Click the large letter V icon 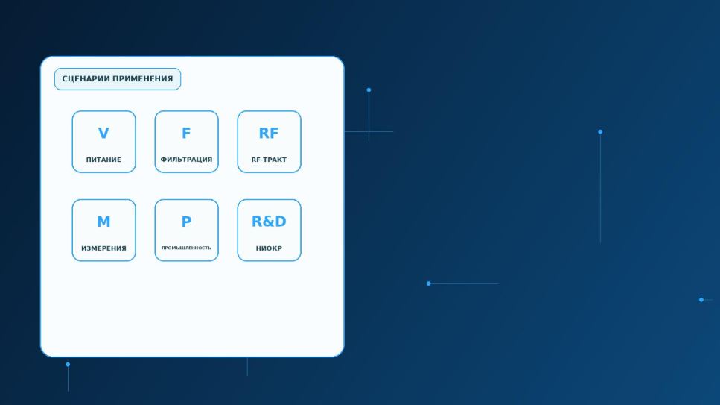point(103,133)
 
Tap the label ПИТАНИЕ point(103,160)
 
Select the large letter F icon point(186,133)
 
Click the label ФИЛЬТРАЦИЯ point(186,160)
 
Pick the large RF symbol point(269,133)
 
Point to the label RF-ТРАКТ point(269,160)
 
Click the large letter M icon point(103,222)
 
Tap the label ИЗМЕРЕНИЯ point(103,248)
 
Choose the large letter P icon point(186,222)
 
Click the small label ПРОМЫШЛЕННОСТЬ point(186,248)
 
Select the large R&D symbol point(269,222)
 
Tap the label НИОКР point(269,248)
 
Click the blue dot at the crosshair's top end point(369,90)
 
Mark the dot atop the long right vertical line point(600,131)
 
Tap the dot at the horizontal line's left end point(428,283)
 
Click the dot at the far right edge point(701,300)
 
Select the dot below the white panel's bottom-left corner point(68,365)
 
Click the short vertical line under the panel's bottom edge point(247,367)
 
